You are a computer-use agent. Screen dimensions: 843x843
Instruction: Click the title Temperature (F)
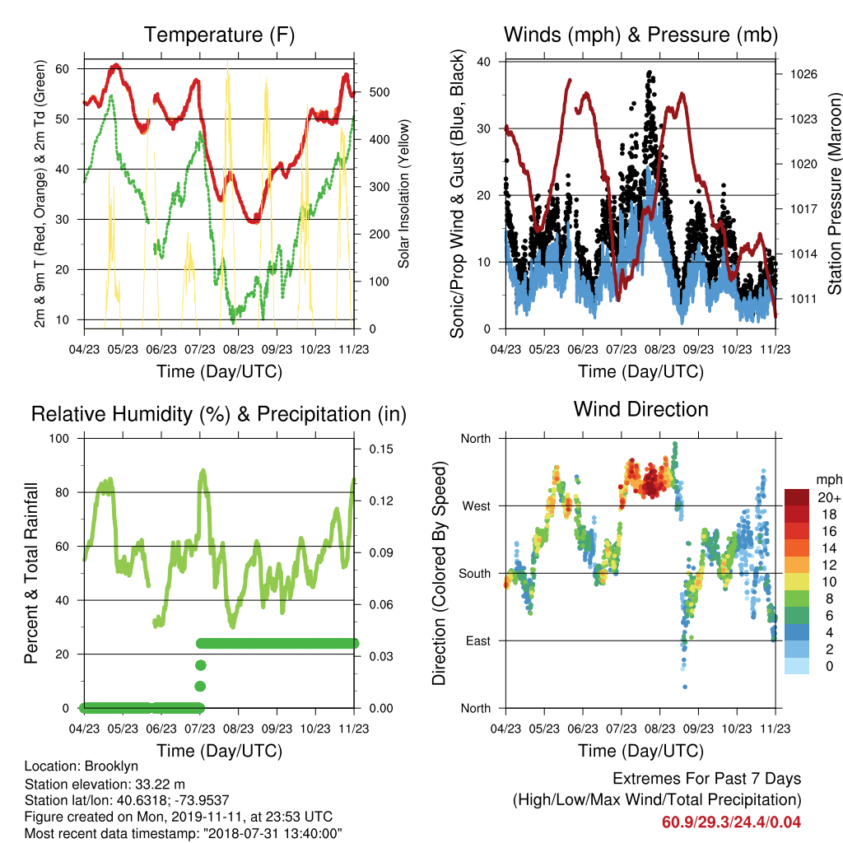click(219, 35)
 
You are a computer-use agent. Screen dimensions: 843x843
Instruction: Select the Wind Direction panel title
click(640, 409)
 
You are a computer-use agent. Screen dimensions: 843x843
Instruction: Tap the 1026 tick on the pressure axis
click(803, 74)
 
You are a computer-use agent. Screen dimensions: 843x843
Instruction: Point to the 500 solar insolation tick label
click(380, 92)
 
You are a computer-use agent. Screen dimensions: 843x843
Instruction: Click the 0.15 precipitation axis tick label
click(381, 449)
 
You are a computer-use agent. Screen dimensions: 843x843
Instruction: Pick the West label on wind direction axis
click(477, 506)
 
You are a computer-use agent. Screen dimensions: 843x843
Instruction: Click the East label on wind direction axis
click(478, 640)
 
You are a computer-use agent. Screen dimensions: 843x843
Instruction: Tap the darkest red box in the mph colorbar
click(797, 497)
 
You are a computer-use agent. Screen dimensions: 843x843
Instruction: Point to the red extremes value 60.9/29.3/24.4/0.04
click(731, 822)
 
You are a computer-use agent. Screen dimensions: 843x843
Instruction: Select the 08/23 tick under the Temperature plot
click(238, 349)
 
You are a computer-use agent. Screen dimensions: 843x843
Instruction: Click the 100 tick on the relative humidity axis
click(59, 438)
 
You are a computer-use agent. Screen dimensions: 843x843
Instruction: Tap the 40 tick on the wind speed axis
click(483, 62)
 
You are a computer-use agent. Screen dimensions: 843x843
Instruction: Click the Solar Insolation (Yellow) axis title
click(403, 193)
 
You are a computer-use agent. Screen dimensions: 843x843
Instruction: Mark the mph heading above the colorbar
click(829, 480)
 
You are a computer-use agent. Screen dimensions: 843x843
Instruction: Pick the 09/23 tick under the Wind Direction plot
click(698, 729)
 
